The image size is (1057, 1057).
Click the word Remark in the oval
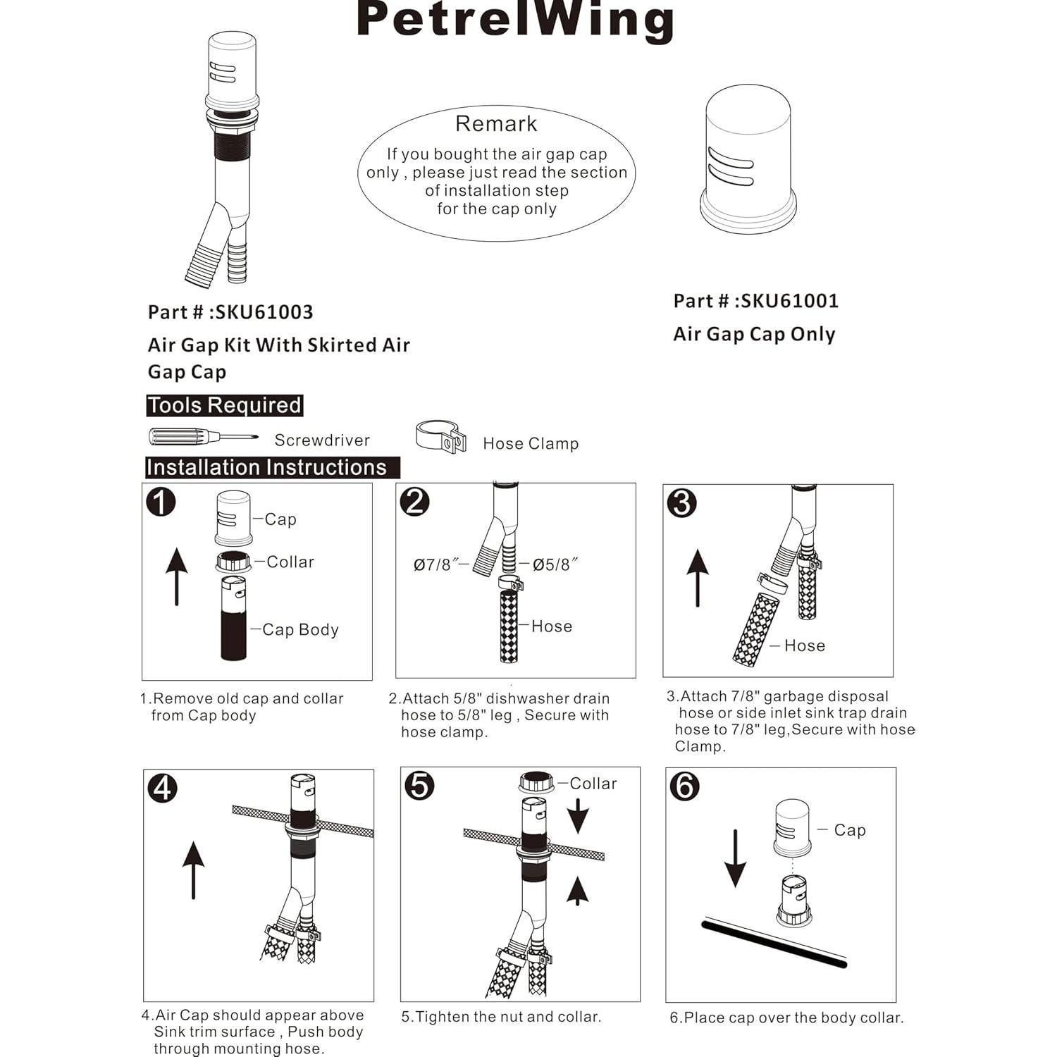496,124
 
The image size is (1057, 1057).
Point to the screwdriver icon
202,437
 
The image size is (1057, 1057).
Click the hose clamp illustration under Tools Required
441,437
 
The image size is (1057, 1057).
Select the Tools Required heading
225,405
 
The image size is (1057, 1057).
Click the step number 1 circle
161,502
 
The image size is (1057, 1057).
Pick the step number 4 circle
162,787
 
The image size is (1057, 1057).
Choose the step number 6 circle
684,786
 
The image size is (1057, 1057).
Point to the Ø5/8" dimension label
555,564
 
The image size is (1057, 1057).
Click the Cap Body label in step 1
300,629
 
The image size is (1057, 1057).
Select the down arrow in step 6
735,858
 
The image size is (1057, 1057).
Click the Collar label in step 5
593,784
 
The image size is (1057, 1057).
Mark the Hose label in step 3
804,645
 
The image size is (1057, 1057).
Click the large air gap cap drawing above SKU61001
748,160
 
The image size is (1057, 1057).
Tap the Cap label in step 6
849,830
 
